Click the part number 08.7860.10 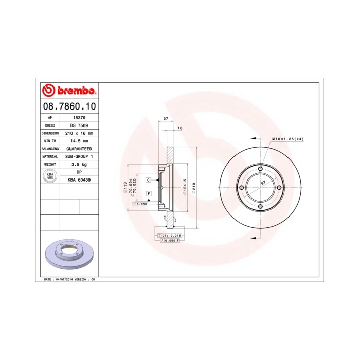point(67,106)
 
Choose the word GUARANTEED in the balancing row point(79,148)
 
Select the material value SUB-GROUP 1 point(79,156)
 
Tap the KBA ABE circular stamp point(50,176)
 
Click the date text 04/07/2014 point(66,279)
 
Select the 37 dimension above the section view point(165,119)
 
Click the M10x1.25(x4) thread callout point(287,139)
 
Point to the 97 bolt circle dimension point(263,183)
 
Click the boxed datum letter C point(148,180)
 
